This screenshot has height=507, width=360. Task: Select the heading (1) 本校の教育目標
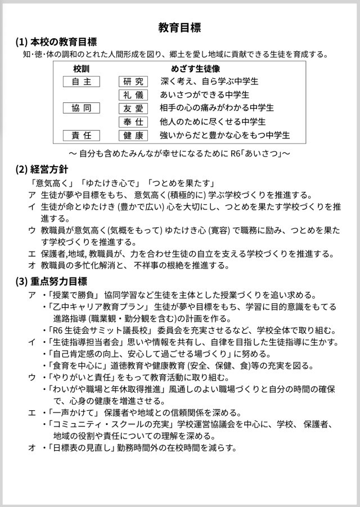pyautogui.click(x=56, y=42)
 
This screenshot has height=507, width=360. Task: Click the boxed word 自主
pyautogui.click(x=81, y=82)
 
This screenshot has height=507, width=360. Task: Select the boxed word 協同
pyautogui.click(x=81, y=108)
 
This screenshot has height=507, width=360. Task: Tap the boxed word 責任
pyautogui.click(x=81, y=135)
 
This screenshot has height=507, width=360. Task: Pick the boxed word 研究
pyautogui.click(x=133, y=82)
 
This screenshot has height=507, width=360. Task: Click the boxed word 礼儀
pyautogui.click(x=133, y=95)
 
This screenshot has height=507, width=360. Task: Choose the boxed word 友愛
pyautogui.click(x=133, y=108)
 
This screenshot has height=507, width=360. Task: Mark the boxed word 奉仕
pyautogui.click(x=133, y=122)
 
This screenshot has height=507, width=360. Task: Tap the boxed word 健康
pyautogui.click(x=133, y=135)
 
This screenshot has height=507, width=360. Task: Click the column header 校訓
pyautogui.click(x=81, y=69)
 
